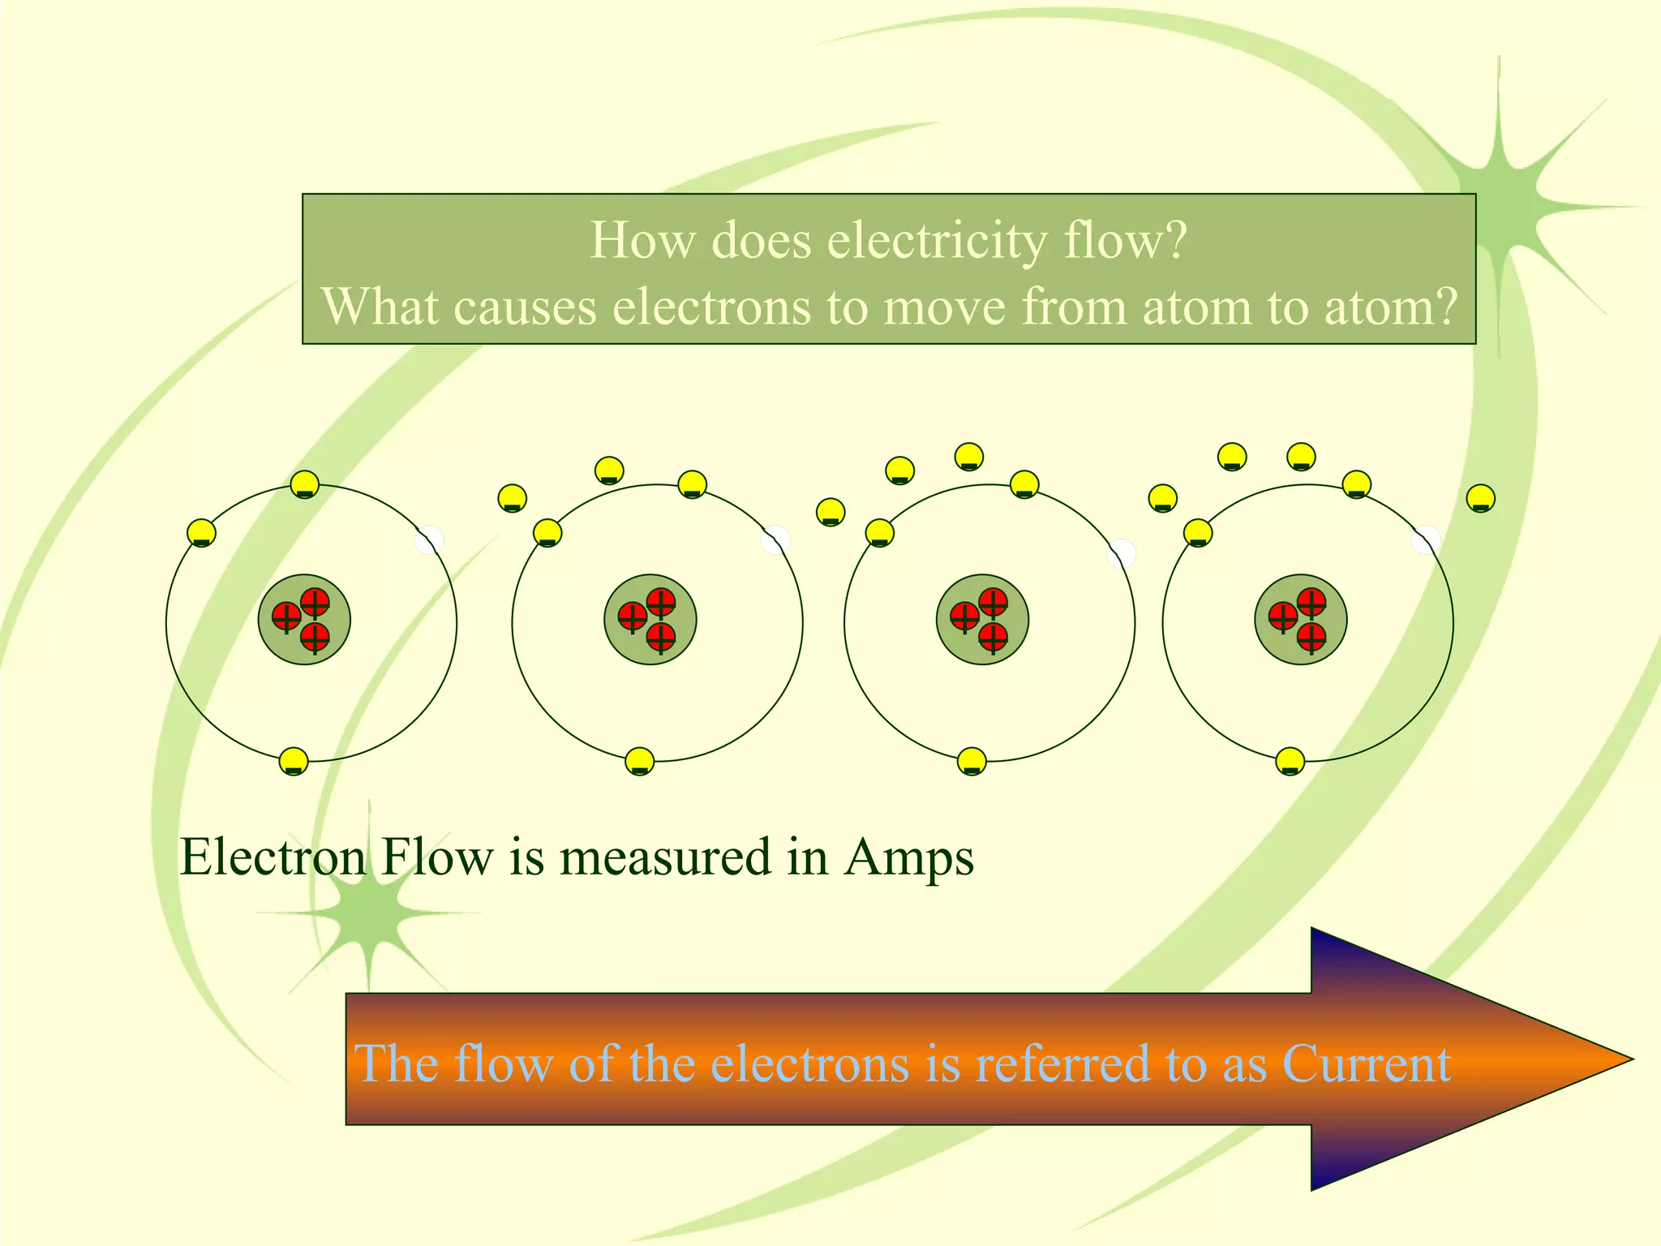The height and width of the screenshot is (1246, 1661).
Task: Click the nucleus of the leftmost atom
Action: tap(304, 620)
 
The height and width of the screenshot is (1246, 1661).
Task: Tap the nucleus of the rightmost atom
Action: tap(1300, 620)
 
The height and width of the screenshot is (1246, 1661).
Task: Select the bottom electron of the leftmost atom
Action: tap(294, 762)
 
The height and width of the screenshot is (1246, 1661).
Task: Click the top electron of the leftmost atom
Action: tap(305, 484)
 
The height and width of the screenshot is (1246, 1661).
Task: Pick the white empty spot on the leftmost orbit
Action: tap(429, 540)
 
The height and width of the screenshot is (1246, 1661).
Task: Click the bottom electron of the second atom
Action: tap(640, 761)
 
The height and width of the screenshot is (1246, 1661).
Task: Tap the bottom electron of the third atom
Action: tap(972, 761)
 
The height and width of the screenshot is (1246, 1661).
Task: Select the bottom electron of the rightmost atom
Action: tap(1290, 761)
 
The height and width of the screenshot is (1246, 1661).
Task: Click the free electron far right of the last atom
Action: tap(1481, 497)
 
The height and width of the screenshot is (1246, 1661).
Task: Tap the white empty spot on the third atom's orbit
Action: tap(1121, 553)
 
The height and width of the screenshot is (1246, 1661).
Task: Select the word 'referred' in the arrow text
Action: tap(1062, 1063)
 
